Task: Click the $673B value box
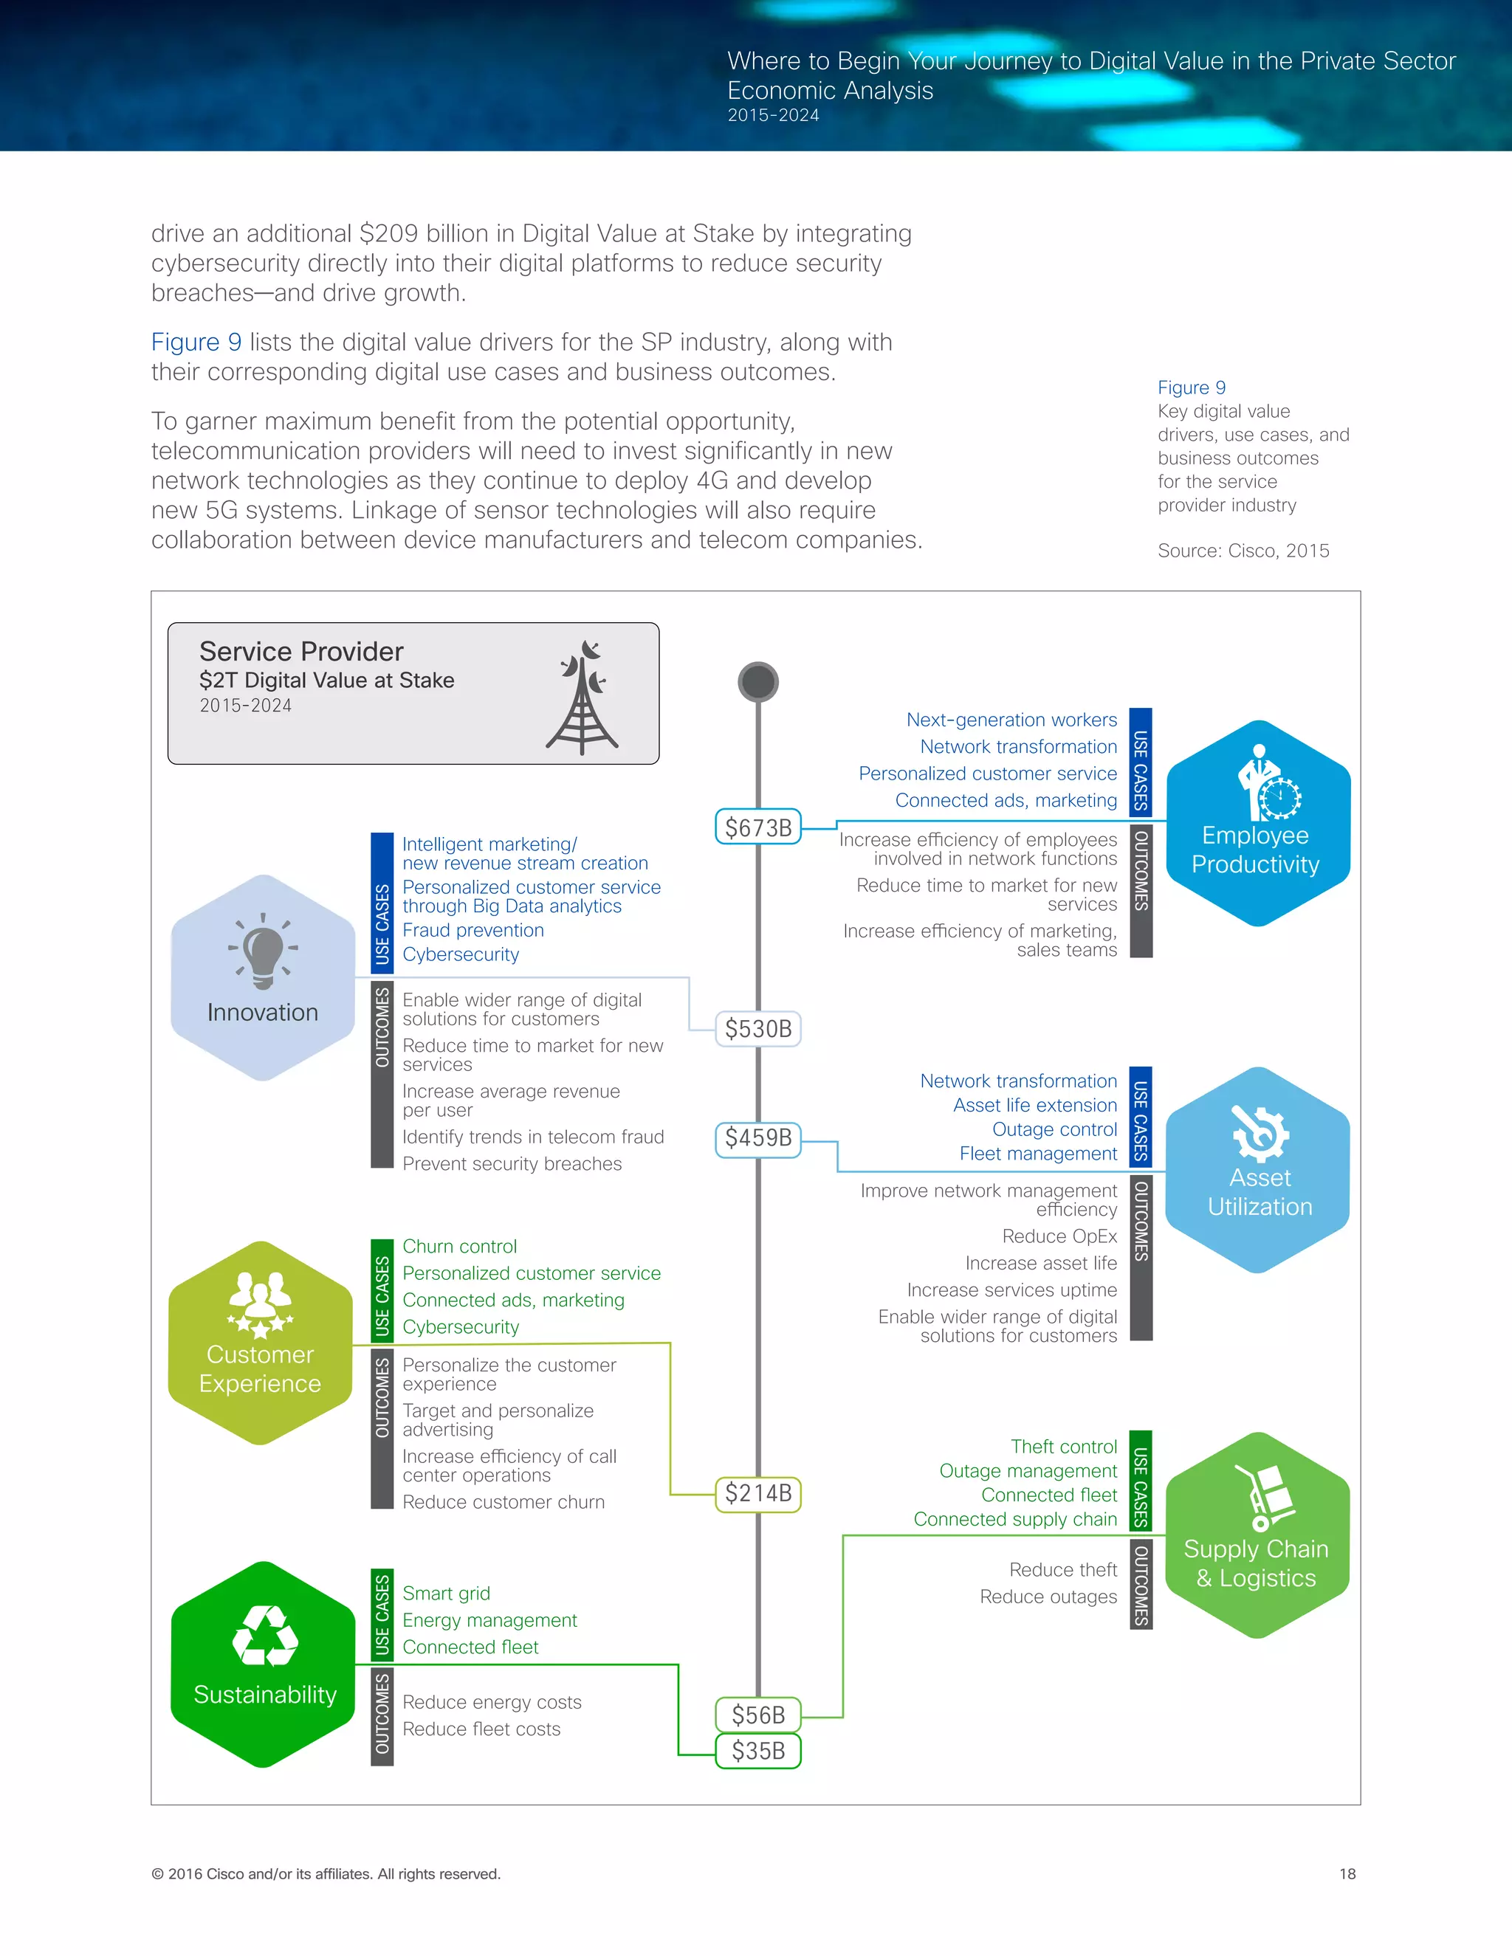pyautogui.click(x=757, y=827)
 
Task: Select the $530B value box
pyautogui.click(x=757, y=1028)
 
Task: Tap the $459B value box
pyautogui.click(x=757, y=1138)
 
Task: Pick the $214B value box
pyautogui.click(x=757, y=1493)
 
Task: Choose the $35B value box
pyautogui.click(x=757, y=1750)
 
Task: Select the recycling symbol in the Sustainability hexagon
pyautogui.click(x=265, y=1636)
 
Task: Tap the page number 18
pyautogui.click(x=1347, y=1873)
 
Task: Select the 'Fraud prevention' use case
pyautogui.click(x=473, y=931)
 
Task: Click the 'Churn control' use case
pyautogui.click(x=459, y=1247)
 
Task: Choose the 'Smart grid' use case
pyautogui.click(x=446, y=1594)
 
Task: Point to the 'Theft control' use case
pyautogui.click(x=1063, y=1447)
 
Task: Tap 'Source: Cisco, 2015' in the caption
pyautogui.click(x=1243, y=551)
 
